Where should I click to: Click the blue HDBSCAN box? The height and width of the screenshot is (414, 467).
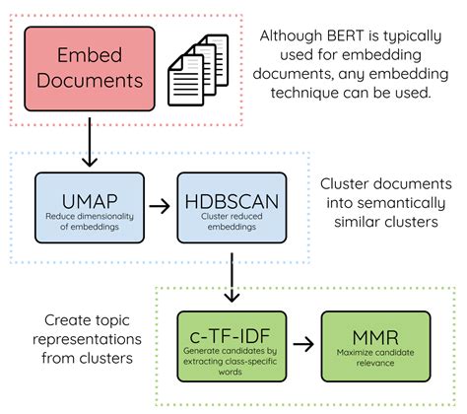coord(229,208)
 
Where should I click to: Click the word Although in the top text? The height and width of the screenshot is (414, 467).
coord(287,35)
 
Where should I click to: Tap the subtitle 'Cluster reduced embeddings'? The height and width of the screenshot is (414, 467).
coord(229,223)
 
